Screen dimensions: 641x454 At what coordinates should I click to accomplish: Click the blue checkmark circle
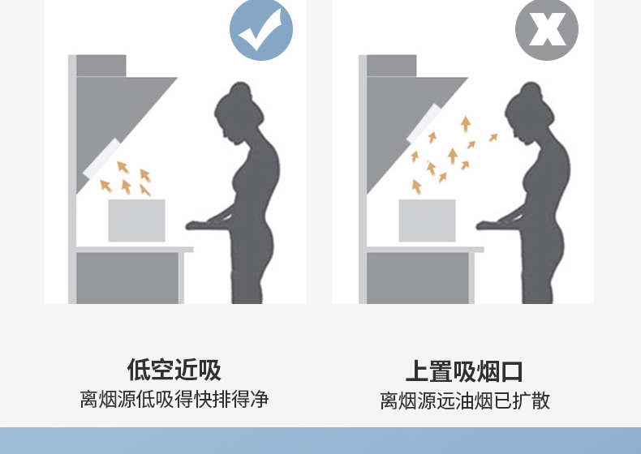(261, 29)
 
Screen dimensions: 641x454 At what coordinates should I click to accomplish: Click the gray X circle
(547, 29)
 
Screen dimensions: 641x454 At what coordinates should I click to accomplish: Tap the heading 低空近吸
(174, 370)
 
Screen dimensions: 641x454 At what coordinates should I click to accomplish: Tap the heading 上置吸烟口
(464, 371)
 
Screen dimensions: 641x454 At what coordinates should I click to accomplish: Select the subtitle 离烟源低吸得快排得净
(174, 399)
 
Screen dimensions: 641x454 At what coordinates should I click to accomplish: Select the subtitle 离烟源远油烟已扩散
(465, 400)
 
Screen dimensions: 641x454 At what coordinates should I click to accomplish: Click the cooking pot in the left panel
(136, 221)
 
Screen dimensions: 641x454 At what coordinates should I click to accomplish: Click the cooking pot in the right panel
(427, 221)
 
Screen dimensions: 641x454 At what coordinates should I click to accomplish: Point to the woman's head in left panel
(239, 113)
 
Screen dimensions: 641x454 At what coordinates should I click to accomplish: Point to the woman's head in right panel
(529, 113)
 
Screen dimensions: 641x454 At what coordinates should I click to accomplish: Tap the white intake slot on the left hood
(101, 159)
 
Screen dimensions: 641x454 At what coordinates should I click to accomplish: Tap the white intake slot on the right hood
(424, 123)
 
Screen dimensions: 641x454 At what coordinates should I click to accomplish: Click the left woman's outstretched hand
(200, 225)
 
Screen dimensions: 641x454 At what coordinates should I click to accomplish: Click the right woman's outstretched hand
(491, 225)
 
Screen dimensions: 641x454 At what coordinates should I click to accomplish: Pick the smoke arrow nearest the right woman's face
(493, 138)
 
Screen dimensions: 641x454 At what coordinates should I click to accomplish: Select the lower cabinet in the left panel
(127, 278)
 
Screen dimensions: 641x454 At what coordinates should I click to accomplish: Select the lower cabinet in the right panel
(418, 278)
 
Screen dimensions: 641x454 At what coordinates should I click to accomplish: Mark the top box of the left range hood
(101, 66)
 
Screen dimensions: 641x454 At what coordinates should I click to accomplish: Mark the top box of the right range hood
(392, 66)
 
